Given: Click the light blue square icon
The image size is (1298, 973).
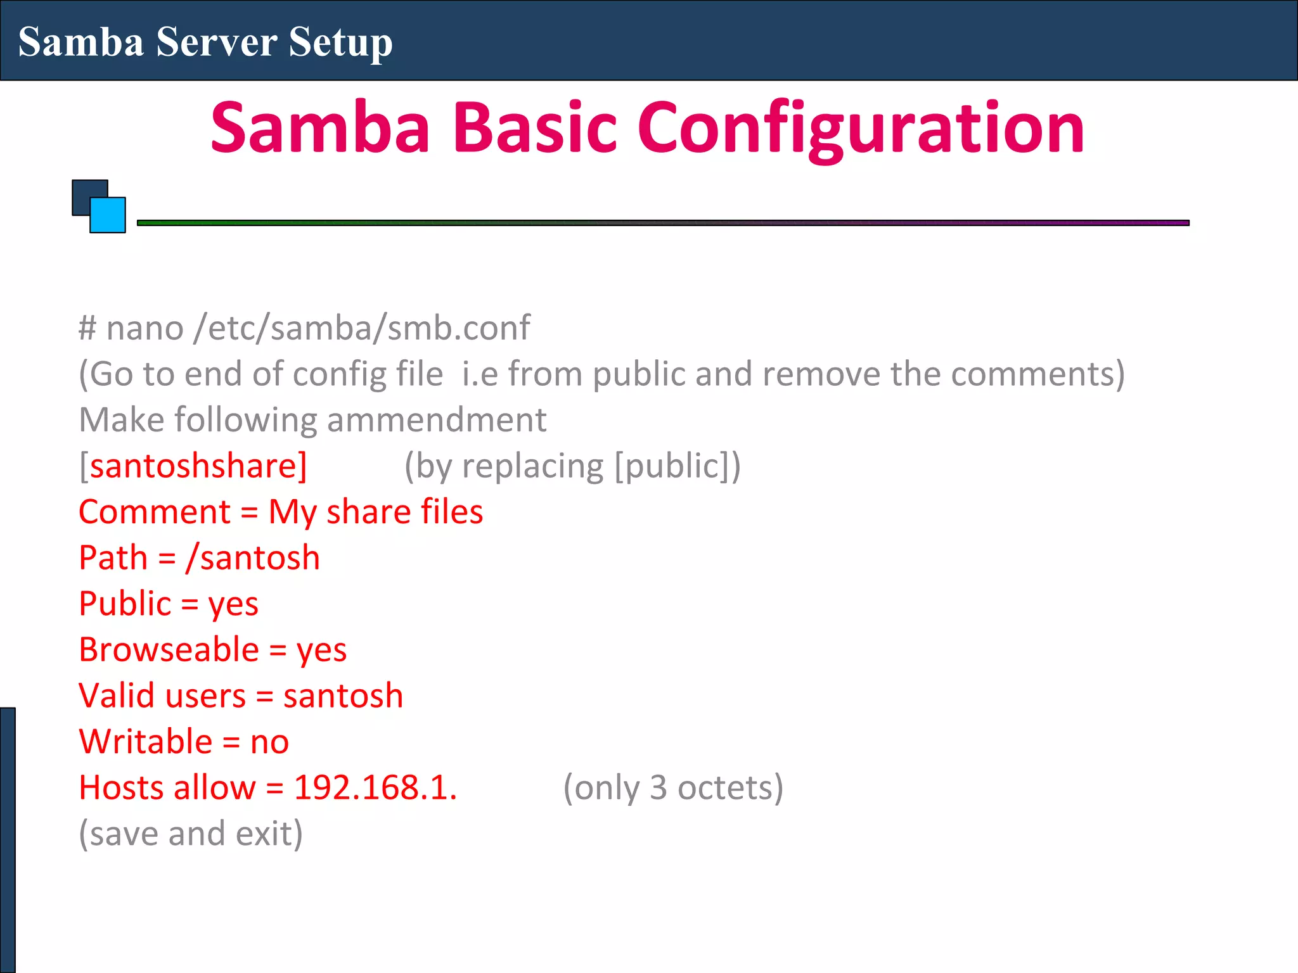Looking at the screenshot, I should coord(108,216).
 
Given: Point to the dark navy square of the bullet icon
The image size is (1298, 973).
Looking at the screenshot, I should coord(86,193).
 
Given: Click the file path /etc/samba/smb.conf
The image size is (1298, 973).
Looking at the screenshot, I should coord(362,328).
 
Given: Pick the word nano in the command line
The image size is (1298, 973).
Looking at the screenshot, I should coord(145,328).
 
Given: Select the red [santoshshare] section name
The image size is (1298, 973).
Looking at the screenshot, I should coord(193,466).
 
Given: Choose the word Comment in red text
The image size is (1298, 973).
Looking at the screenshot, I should coord(154,512).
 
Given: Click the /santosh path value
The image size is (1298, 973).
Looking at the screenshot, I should coord(252,558).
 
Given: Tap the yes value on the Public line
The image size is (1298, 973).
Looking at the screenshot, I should coord(233,604).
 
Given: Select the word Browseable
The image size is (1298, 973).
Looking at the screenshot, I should coord(169,650).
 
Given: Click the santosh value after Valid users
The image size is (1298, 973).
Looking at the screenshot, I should coord(343,696).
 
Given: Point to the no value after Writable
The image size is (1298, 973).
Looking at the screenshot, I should coord(269,742).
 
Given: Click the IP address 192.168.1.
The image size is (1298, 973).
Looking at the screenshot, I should coord(375,787).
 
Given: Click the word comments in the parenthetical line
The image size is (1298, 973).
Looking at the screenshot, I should coord(1038,374).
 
